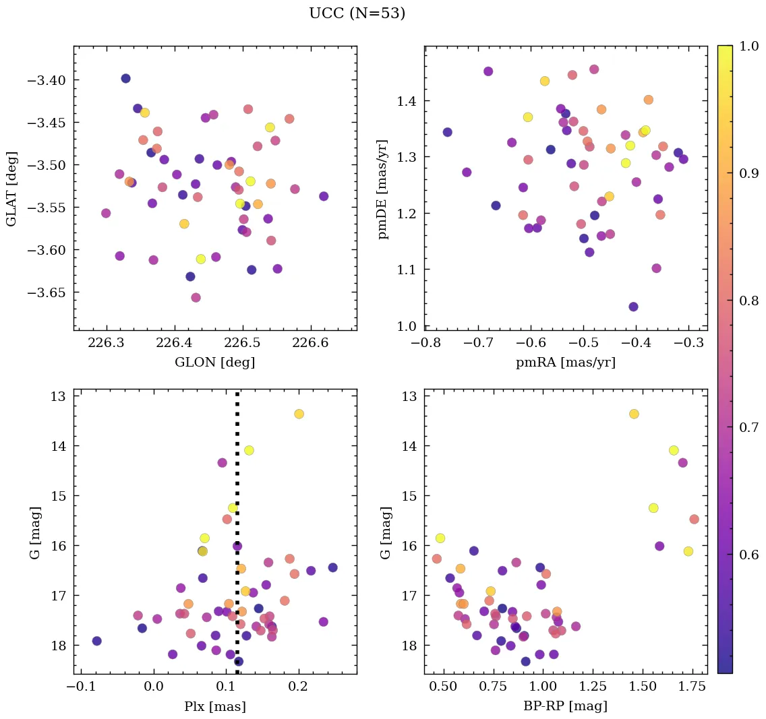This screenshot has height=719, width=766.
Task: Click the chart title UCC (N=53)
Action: (357, 13)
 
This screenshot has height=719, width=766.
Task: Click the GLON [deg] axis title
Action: (214, 363)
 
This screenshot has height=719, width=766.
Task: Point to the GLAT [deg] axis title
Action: (11, 188)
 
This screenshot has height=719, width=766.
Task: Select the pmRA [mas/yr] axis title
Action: (565, 363)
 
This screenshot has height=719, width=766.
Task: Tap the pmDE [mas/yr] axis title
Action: (384, 188)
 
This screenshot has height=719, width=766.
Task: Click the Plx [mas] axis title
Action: (214, 706)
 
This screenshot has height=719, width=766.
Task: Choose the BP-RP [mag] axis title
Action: (565, 706)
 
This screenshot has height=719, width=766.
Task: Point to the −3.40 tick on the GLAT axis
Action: (49, 81)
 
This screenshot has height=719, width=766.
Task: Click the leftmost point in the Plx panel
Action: (96, 641)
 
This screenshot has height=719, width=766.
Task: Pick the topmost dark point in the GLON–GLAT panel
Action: (125, 79)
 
